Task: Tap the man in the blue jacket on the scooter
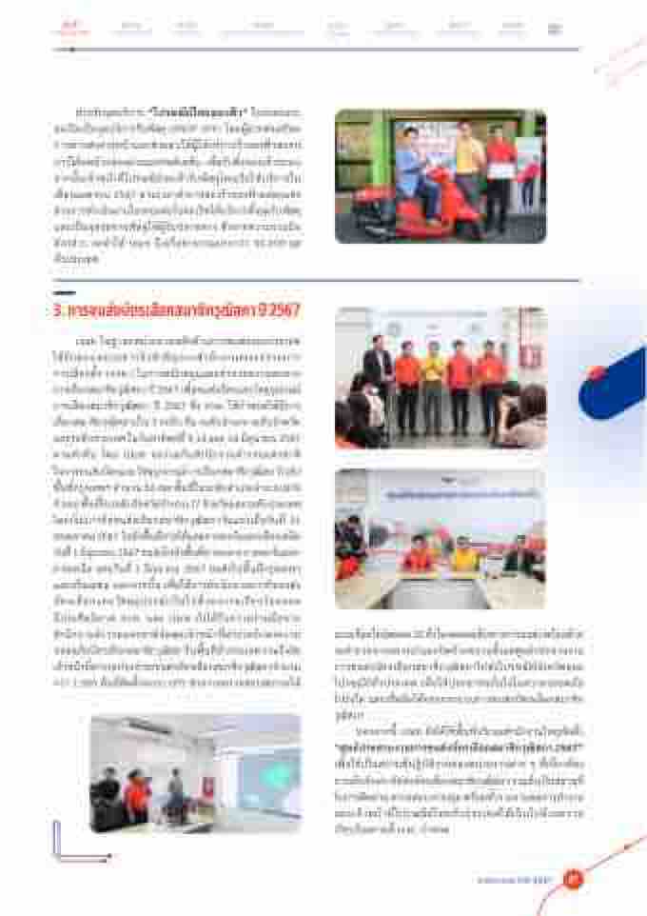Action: pos(415,170)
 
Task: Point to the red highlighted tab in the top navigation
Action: pos(69,28)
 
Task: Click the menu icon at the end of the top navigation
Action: pos(555,29)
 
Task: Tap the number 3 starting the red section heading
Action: pos(58,311)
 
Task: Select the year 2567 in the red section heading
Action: pos(285,311)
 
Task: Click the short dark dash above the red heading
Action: pos(63,291)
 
